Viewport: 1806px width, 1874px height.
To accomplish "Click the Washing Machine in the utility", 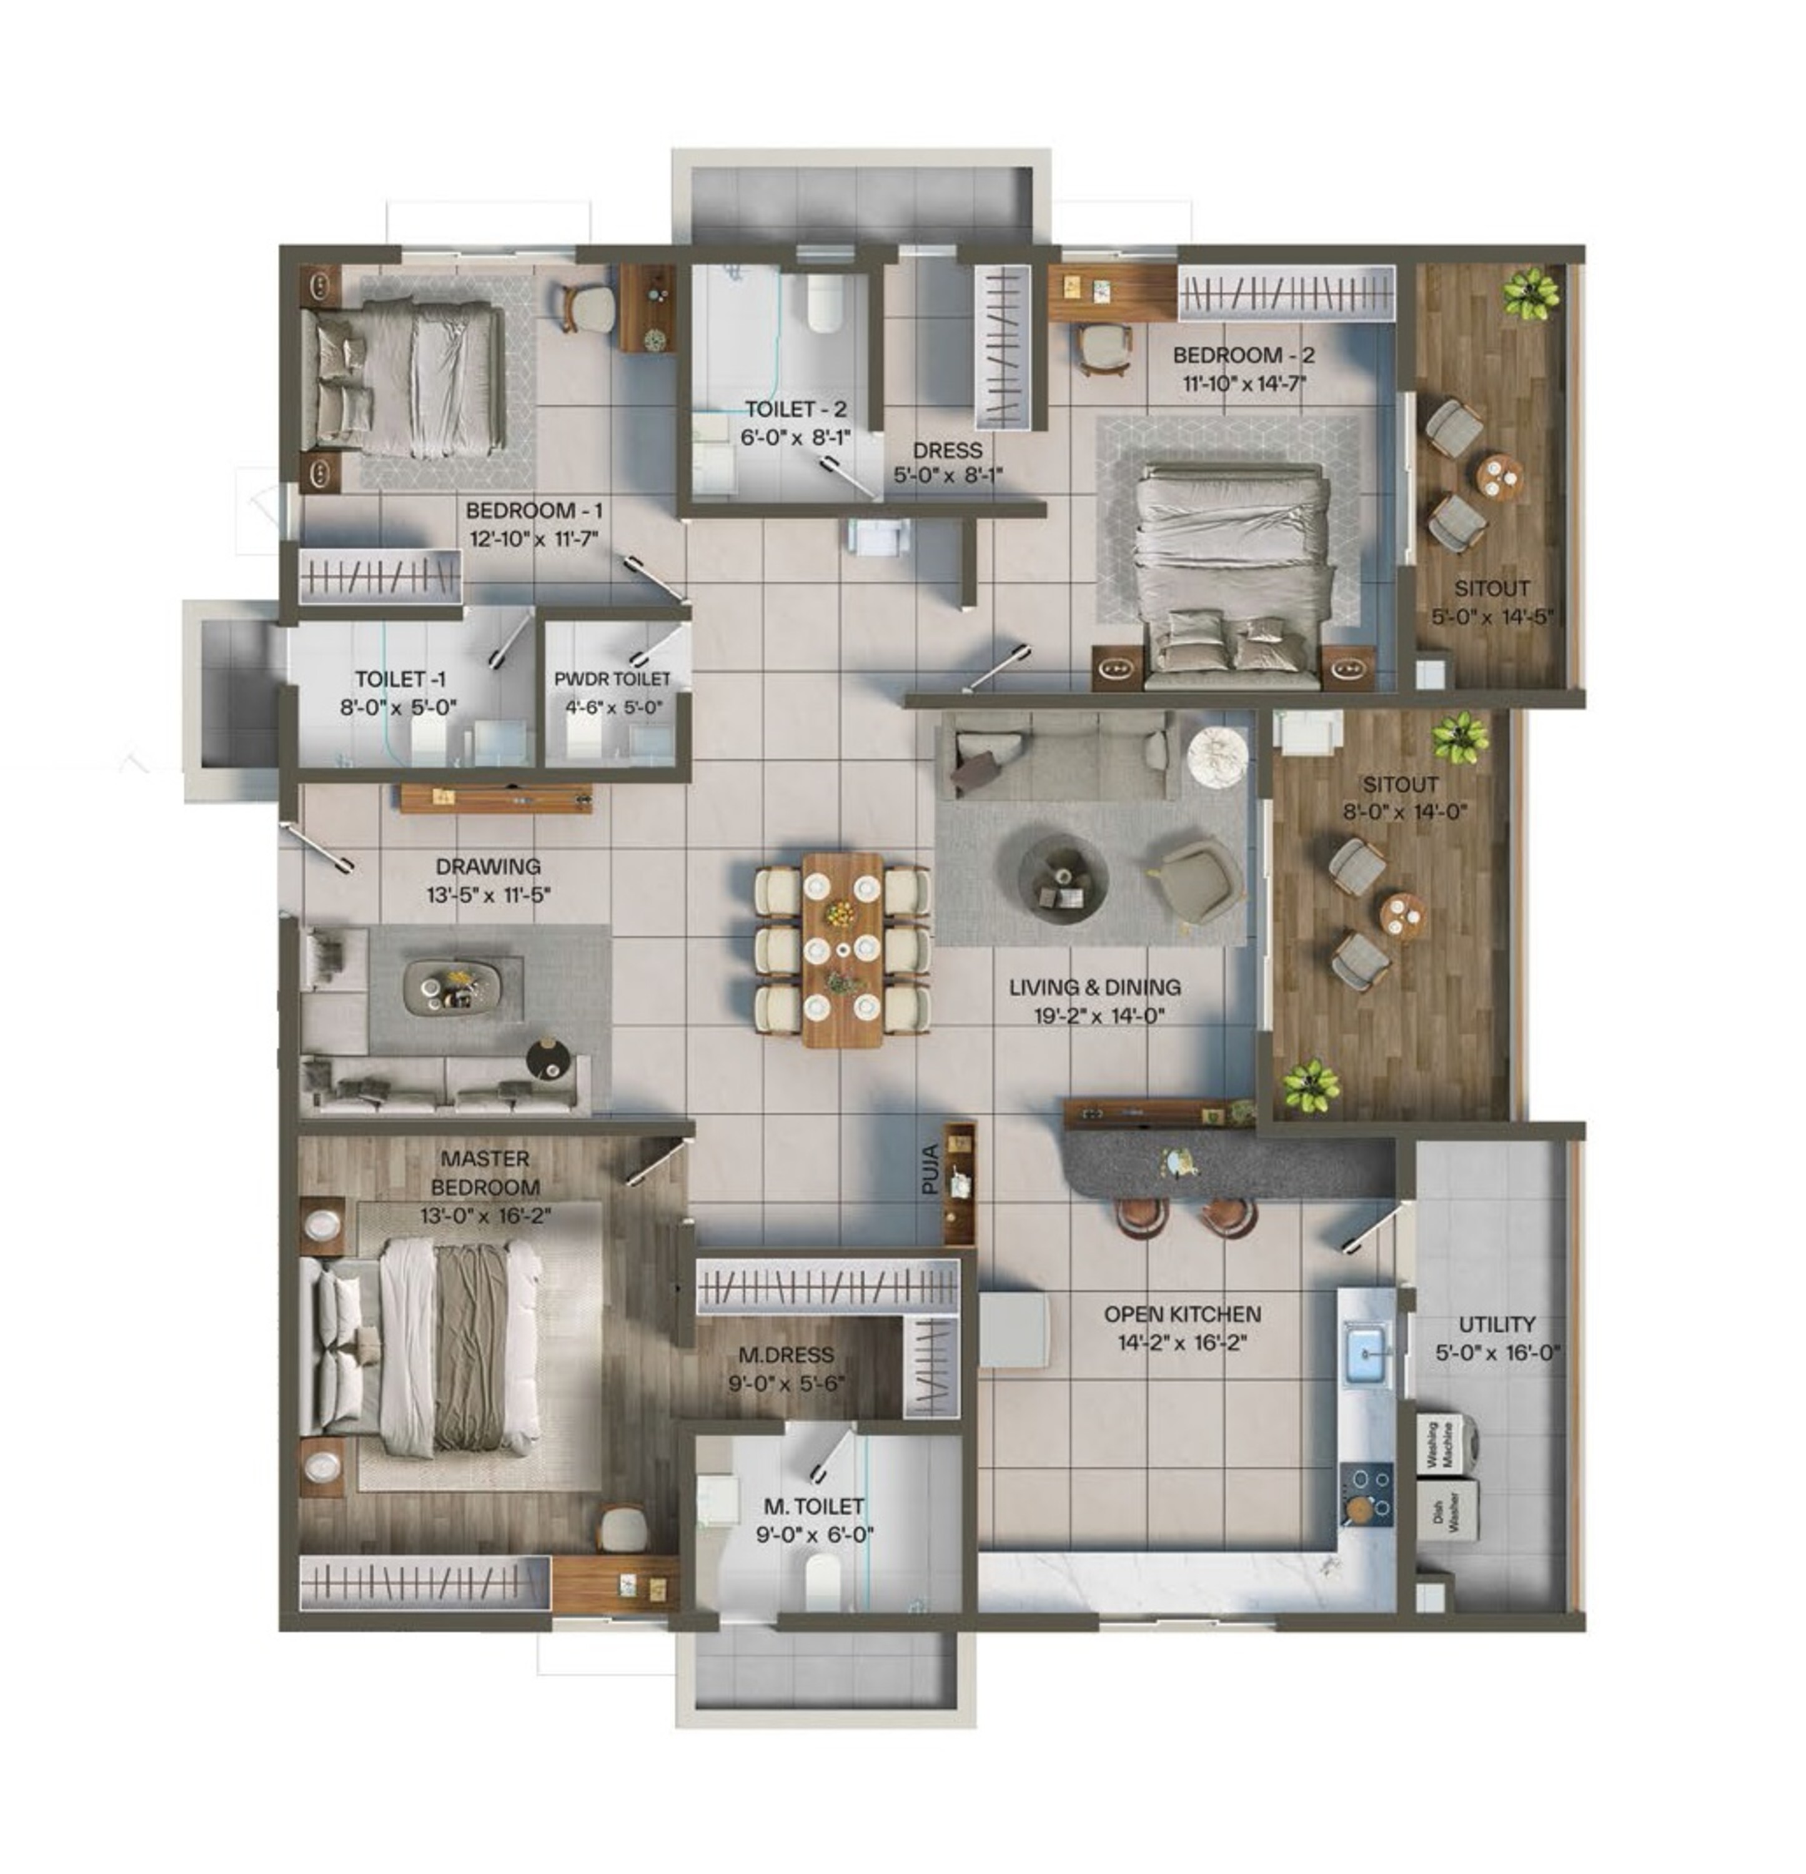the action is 1446,1445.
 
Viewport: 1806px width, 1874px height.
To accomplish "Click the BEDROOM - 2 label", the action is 1243,355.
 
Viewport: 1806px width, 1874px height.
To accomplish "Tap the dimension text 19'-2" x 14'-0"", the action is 1098,1016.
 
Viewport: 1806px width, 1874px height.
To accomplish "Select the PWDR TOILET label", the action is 612,679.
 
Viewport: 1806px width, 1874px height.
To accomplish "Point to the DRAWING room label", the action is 488,866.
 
